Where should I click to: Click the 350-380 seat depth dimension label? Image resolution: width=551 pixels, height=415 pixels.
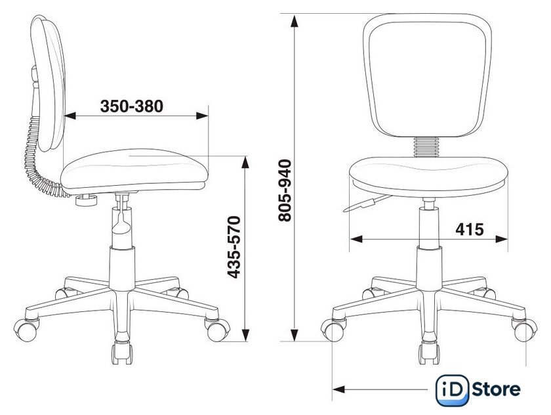click(132, 106)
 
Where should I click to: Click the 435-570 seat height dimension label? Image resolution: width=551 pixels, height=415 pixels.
click(234, 248)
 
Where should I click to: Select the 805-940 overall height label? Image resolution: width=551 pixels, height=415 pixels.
click(285, 190)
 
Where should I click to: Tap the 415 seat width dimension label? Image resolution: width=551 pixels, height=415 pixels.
click(470, 229)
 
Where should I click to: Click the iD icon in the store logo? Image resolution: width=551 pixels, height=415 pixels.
click(452, 390)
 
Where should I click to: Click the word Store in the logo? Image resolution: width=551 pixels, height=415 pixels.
click(496, 389)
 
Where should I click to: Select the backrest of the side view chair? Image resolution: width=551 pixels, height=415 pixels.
click(49, 83)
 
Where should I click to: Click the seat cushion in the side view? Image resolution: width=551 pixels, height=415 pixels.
click(134, 171)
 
